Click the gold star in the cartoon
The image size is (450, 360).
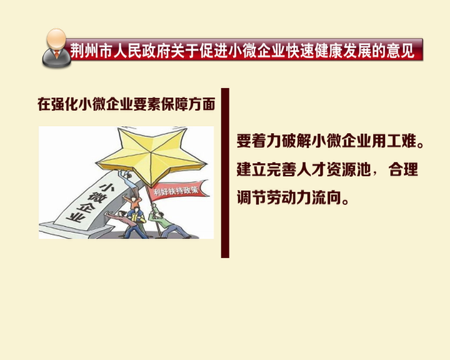pos(152,155)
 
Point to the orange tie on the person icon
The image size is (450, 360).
pos(57,53)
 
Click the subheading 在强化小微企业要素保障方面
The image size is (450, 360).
pos(126,104)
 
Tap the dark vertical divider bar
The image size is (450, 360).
pos(225,173)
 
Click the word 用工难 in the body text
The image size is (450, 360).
pos(394,141)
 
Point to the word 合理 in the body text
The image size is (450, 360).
pos(403,169)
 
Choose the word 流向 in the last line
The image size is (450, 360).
pos(327,197)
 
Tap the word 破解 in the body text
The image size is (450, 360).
pos(297,141)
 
